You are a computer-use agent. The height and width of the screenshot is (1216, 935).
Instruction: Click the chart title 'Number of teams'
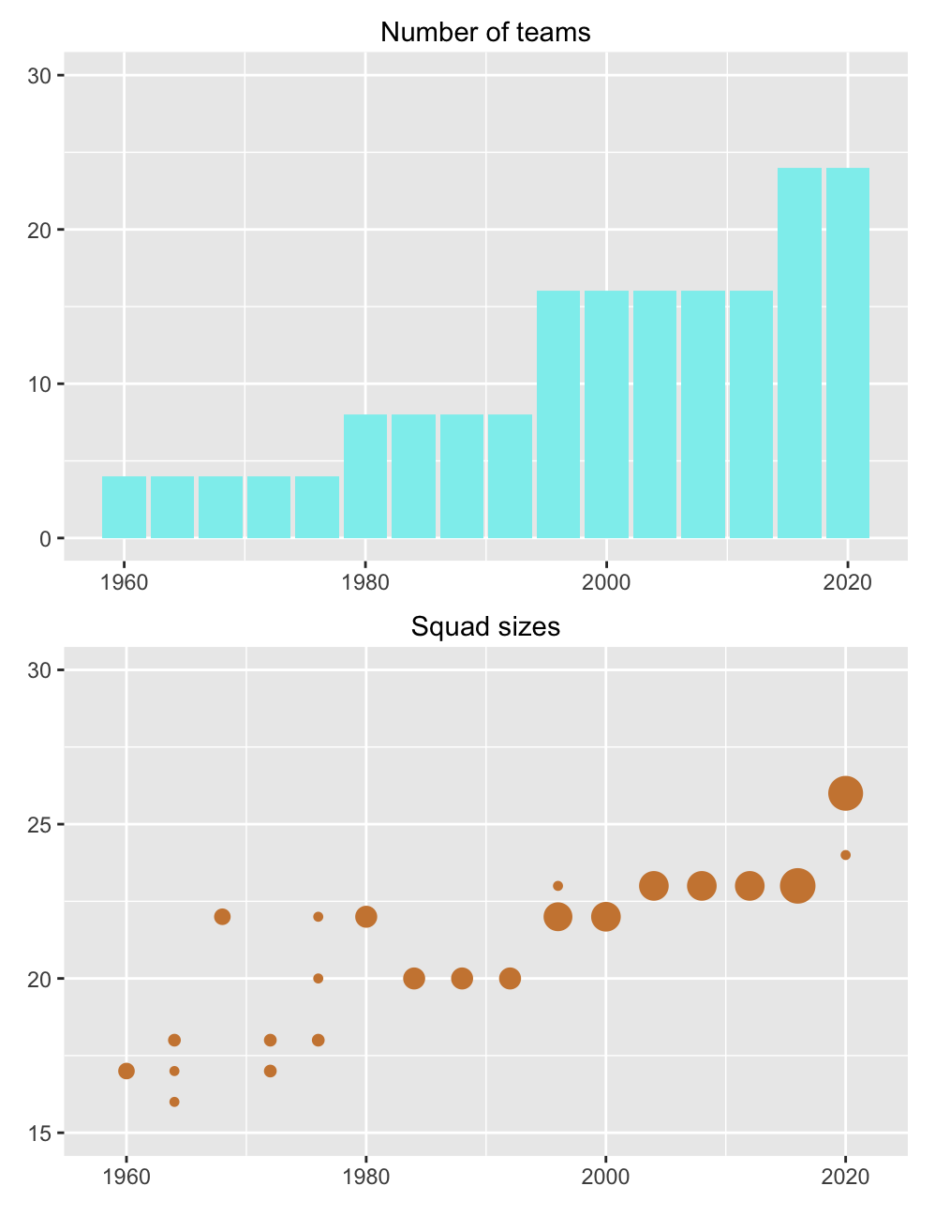coord(485,32)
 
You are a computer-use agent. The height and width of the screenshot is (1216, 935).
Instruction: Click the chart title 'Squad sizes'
coord(485,626)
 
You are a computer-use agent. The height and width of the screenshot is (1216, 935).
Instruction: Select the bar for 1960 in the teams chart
coord(124,507)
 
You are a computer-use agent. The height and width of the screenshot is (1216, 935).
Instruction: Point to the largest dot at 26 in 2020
coord(846,793)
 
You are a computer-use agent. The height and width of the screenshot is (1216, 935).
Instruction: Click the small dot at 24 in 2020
coord(846,855)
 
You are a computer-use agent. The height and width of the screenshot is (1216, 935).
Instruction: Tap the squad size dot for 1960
coord(126,1071)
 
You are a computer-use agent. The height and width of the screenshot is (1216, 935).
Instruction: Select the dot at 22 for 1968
coord(222,917)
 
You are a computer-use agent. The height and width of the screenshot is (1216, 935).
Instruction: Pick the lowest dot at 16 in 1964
coord(174,1102)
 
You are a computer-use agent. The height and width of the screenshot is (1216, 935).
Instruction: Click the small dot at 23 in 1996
coord(558,886)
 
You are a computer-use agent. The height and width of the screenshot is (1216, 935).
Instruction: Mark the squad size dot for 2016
coord(798,886)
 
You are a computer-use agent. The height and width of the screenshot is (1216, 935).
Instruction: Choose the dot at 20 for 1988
coord(462,979)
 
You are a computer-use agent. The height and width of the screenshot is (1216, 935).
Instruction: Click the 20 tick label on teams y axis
coord(38,230)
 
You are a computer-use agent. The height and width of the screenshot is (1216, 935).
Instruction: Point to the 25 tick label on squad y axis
coord(38,824)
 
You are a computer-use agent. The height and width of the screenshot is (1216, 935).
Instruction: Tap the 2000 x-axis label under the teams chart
coord(606,582)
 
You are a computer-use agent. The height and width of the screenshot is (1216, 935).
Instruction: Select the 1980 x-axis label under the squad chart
coord(366,1177)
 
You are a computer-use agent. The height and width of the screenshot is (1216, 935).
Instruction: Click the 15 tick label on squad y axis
coord(38,1133)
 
